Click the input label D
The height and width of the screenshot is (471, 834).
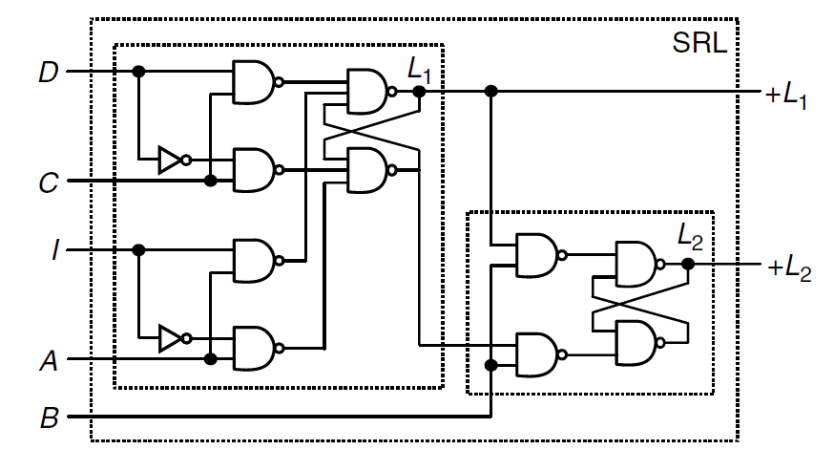[47, 72]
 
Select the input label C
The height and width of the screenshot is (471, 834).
[48, 181]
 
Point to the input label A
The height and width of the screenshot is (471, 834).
[48, 360]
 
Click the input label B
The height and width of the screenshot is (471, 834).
[48, 417]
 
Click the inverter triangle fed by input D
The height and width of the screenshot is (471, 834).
[170, 160]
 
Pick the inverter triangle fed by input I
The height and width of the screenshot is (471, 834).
[170, 337]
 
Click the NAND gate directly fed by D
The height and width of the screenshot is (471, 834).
[253, 83]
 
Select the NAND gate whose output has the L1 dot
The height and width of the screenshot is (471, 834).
[366, 92]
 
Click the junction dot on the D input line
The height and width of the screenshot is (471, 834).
[138, 72]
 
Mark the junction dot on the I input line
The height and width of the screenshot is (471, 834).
[138, 250]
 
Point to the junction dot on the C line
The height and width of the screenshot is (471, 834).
[210, 181]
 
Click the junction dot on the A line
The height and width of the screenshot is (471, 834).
[210, 360]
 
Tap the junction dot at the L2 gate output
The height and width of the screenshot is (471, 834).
[687, 264]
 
